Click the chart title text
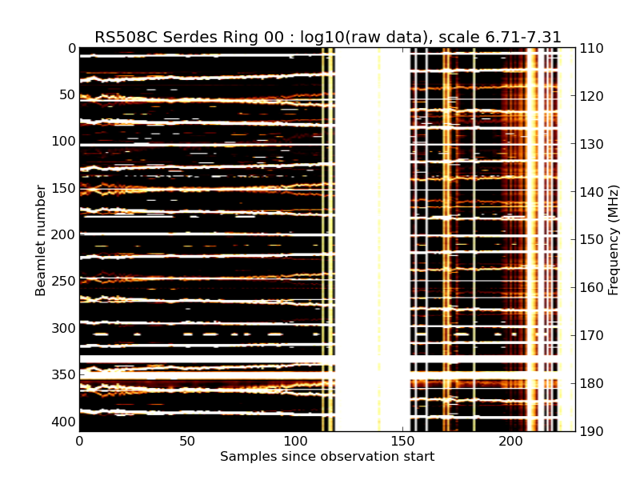[x=328, y=37]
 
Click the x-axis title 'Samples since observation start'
[x=327, y=457]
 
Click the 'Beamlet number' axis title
[x=41, y=240]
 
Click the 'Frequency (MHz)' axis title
[x=614, y=240]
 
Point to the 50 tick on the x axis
[x=187, y=441]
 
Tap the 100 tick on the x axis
[x=295, y=441]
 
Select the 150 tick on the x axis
[x=403, y=441]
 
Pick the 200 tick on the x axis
[x=511, y=441]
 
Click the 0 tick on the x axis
[x=79, y=441]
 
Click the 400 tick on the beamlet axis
[x=64, y=422]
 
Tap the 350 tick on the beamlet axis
[x=64, y=374]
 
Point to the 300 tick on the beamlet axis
[x=64, y=328]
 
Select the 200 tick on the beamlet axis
[x=64, y=234]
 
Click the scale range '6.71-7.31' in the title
[x=521, y=37]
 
